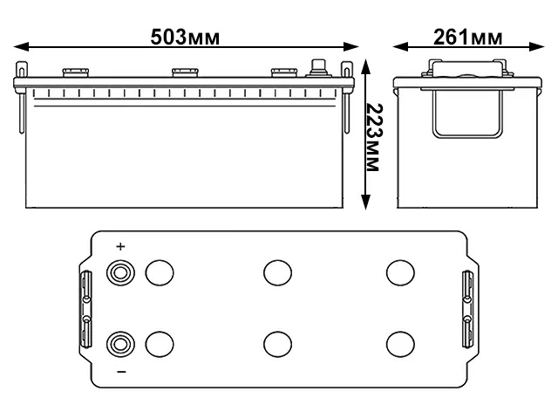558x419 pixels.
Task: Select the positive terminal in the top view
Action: [x=119, y=272]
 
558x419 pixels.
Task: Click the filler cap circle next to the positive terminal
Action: [x=159, y=272]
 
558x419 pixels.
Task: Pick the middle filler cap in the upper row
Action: [x=277, y=272]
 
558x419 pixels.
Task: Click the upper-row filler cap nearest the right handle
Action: [x=399, y=272]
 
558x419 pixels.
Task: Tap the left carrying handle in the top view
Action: [x=86, y=307]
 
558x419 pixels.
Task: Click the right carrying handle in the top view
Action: [x=466, y=307]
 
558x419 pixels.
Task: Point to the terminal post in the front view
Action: [x=318, y=68]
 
